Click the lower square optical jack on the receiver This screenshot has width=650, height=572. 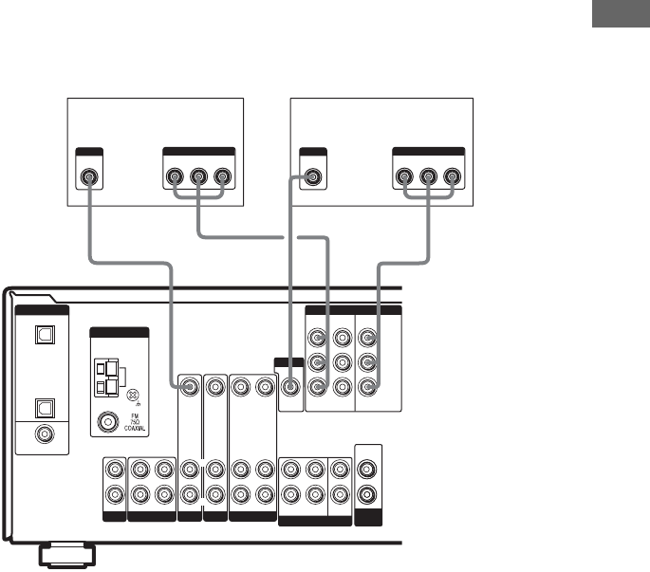pyautogui.click(x=42, y=406)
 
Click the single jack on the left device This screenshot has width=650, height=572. pyautogui.click(x=88, y=177)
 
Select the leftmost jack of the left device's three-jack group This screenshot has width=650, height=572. pyautogui.click(x=176, y=177)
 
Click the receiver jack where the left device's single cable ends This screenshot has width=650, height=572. pyautogui.click(x=191, y=386)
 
